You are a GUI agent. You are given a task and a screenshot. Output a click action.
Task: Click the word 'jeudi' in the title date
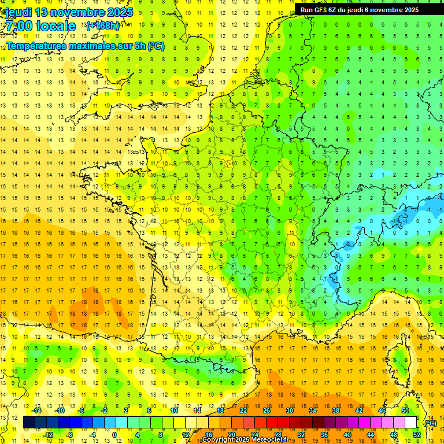pos(18,12)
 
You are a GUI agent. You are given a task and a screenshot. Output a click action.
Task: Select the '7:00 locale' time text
pos(40,26)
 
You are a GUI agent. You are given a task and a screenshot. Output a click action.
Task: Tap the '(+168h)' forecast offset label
pos(102,25)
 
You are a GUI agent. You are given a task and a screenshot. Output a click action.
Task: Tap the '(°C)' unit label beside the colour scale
pos(430,423)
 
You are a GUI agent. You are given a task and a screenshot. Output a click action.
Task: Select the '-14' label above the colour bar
pos(37,410)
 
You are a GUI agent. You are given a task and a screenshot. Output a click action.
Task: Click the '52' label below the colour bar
pos(417,434)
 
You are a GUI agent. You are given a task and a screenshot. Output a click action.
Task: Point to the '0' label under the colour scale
pos(114,434)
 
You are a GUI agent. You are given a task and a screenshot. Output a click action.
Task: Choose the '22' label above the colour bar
pos(243,410)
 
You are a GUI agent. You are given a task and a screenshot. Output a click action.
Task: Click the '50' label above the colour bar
pos(405,410)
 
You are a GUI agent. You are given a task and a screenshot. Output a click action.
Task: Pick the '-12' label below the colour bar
pos(49,434)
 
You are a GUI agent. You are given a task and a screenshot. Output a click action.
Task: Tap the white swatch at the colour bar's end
pos(411,423)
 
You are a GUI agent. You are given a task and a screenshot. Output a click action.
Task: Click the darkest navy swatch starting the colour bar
pos(29,423)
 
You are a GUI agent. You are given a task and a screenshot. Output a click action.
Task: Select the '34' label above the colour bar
pos(313,410)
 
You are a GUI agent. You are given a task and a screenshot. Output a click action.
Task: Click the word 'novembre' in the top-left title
pos(73,12)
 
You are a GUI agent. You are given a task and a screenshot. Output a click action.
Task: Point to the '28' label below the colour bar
pos(278,434)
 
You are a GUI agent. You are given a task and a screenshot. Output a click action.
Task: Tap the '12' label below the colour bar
pos(186,434)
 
